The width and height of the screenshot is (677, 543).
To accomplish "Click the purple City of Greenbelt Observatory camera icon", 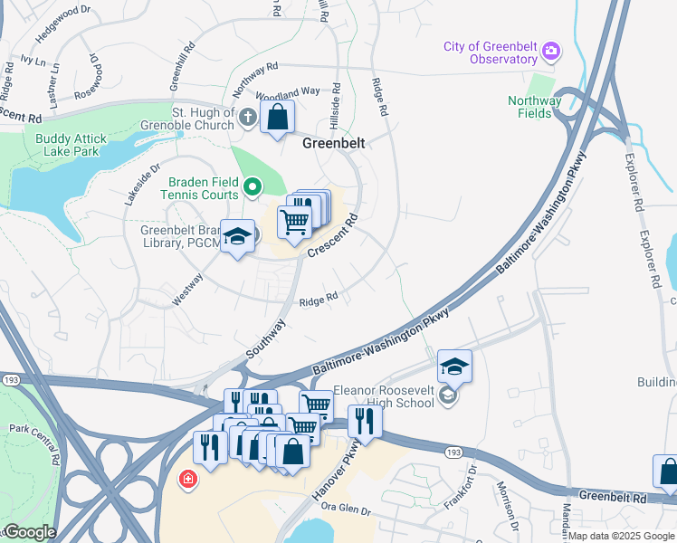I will point(550,53).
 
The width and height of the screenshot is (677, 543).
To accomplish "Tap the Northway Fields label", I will point(534,107).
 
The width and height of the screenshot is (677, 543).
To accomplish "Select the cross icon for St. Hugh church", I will point(247,117).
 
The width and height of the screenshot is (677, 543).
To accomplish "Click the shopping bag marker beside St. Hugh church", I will point(278,117).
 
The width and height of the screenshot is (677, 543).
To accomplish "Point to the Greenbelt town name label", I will point(332,143).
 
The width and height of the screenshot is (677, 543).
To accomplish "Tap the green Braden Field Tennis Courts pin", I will point(253,187).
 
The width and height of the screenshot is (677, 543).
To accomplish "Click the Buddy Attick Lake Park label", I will point(71,145).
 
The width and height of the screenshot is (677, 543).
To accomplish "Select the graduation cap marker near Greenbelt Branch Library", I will point(238,237).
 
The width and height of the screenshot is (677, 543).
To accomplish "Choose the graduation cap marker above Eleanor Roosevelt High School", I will point(454,367).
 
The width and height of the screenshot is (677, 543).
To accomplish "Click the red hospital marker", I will point(188,478).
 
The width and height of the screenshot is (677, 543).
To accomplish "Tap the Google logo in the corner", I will point(29,532).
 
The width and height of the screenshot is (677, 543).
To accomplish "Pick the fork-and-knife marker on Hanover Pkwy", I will point(365,419).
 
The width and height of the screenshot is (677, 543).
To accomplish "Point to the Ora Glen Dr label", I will point(345,510).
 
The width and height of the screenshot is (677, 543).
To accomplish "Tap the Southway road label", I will point(266,338).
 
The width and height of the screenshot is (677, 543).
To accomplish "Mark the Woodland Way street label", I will point(289,92).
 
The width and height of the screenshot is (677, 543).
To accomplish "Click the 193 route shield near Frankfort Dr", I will point(453,451).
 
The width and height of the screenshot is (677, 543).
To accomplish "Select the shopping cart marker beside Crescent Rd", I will point(294,221).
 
